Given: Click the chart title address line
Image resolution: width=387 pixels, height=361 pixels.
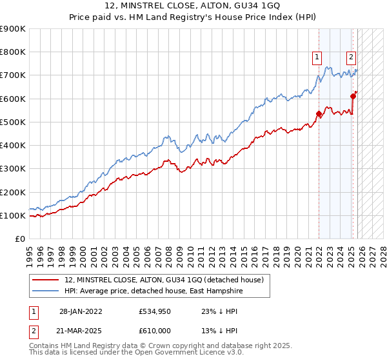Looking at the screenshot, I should click(x=193, y=6).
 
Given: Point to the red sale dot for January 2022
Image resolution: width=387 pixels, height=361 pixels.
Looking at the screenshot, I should click(x=319, y=114).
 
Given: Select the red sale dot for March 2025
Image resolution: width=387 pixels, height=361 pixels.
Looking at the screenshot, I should click(x=353, y=97).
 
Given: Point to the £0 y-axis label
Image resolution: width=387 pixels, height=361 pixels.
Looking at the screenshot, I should click(x=19, y=239).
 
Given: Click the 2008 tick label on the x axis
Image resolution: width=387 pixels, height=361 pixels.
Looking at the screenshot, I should click(x=166, y=251).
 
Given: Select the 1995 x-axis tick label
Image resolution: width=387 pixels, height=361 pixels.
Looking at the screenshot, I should click(x=30, y=251).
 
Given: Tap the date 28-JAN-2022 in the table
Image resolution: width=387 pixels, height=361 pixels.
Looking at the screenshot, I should click(x=81, y=311).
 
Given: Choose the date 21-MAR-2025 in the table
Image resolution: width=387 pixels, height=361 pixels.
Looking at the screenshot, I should click(x=81, y=330).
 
